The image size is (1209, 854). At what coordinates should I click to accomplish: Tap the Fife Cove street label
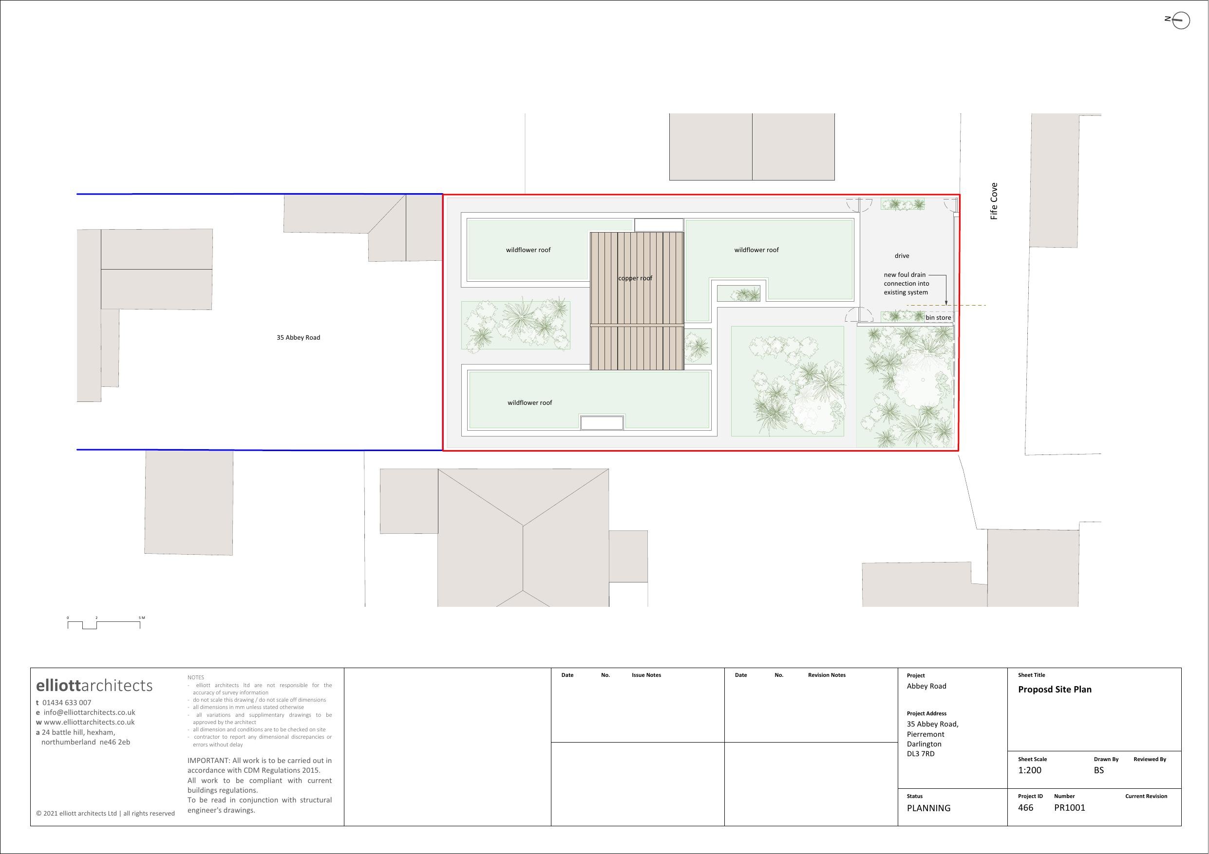[994, 201]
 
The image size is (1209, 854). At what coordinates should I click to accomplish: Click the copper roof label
[635, 278]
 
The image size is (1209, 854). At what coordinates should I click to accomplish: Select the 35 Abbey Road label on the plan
[298, 337]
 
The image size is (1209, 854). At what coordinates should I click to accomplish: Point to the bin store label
[938, 317]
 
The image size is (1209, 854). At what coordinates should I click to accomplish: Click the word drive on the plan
[902, 256]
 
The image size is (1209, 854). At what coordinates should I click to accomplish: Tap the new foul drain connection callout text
[906, 283]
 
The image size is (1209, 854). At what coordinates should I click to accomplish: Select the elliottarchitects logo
[94, 685]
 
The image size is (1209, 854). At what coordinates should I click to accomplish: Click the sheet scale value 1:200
[1029, 770]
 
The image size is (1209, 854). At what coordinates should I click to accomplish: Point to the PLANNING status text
[928, 808]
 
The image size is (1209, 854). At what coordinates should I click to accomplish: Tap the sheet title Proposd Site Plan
[1054, 690]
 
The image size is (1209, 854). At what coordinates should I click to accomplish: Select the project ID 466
[1025, 807]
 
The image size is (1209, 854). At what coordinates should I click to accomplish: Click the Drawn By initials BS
[1098, 770]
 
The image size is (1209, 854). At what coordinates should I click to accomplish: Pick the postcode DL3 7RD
[921, 753]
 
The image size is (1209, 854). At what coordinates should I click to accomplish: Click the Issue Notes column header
[646, 675]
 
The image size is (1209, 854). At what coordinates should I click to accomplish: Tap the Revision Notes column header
[826, 675]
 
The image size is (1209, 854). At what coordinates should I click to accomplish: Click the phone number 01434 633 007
[67, 703]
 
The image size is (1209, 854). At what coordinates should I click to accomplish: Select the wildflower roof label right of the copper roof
[756, 250]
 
